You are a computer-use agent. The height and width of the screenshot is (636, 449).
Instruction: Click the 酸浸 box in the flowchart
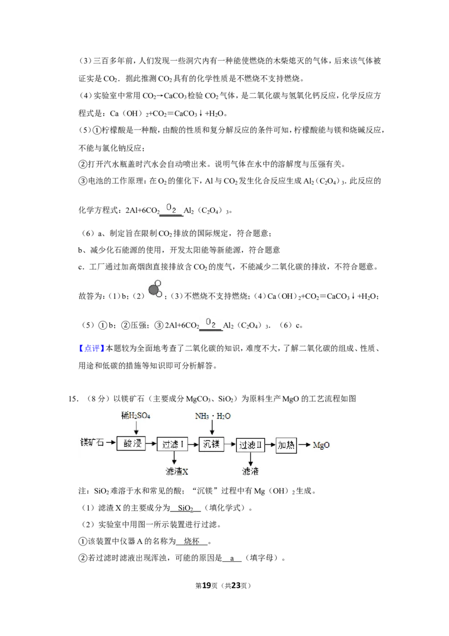131,444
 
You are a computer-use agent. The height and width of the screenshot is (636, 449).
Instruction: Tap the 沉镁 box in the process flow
211,444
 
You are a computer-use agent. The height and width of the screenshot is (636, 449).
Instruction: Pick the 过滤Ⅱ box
250,445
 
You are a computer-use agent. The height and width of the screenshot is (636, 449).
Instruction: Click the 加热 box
286,445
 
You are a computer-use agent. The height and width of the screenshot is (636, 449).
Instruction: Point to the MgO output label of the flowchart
322,445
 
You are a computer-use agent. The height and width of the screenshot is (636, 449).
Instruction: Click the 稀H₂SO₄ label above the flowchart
136,415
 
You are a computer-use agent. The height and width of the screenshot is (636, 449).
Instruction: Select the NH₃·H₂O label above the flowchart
213,416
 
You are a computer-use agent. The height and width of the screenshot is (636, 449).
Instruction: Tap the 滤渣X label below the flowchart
177,471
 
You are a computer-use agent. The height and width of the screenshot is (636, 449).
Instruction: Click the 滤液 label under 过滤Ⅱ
250,471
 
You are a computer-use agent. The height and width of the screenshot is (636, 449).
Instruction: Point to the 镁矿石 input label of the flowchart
92,442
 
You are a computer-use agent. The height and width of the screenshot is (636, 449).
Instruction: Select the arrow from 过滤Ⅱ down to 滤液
250,459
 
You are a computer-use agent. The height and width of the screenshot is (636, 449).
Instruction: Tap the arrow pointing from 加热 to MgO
304,445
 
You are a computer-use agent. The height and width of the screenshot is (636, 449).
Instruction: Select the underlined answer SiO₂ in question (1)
186,508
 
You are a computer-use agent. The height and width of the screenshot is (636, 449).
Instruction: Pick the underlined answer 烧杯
192,541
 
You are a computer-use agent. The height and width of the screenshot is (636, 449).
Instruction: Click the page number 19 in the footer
207,585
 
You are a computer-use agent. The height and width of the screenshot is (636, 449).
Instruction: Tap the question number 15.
73,399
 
